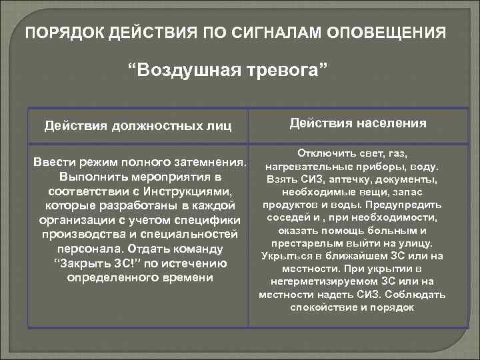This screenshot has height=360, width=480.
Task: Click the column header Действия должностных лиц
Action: pos(137,125)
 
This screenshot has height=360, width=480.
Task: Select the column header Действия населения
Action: pos(358,123)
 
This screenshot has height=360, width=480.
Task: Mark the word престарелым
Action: pos(305,243)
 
